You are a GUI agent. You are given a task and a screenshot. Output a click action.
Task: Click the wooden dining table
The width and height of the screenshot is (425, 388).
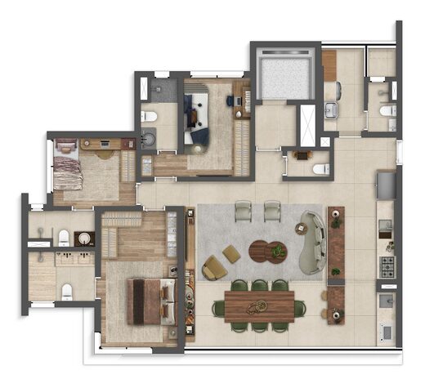point(258,306)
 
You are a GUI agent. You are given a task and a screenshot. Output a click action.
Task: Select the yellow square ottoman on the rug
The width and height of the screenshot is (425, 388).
point(232,254)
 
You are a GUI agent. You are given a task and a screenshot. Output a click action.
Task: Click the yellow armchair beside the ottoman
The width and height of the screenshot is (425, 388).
point(214,266)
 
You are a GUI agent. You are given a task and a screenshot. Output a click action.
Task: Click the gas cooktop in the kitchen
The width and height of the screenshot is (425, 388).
point(386,265)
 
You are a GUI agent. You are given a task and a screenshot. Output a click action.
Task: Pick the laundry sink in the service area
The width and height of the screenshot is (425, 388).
point(332,111)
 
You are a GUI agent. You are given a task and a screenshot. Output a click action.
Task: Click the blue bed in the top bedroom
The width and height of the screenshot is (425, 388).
point(197,114)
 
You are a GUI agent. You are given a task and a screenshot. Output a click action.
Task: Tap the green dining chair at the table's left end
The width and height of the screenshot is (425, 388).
point(219,308)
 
